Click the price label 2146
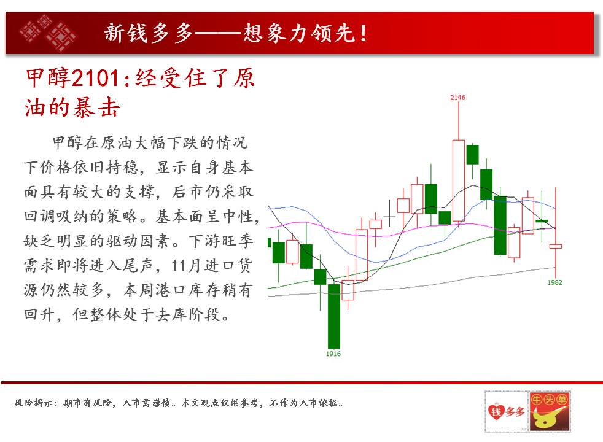click(457, 98)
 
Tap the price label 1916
click(333, 354)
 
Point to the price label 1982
click(554, 282)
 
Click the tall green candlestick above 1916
click(334, 316)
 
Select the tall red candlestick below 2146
click(459, 180)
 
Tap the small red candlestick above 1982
click(555, 246)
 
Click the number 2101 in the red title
click(96, 78)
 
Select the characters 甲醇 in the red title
click(48, 78)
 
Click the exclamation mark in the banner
click(363, 33)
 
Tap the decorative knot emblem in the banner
click(48, 33)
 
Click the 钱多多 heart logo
click(506, 412)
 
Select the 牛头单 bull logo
click(549, 412)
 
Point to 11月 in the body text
click(186, 265)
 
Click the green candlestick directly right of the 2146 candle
click(472, 155)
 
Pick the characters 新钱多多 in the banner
click(149, 33)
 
